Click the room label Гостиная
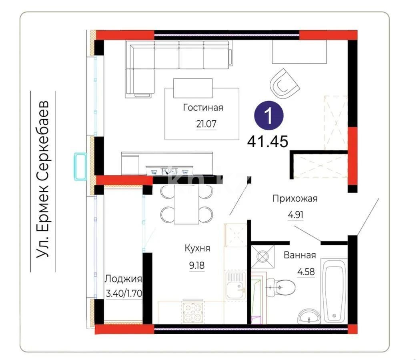[x=203, y=108]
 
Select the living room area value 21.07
[x=206, y=124]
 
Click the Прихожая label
[x=295, y=199]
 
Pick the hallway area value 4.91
[x=296, y=215]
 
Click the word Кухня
[x=197, y=248]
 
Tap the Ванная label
[x=300, y=255]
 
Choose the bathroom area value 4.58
[x=306, y=272]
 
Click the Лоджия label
[x=123, y=279]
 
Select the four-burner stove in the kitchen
[x=193, y=312]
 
